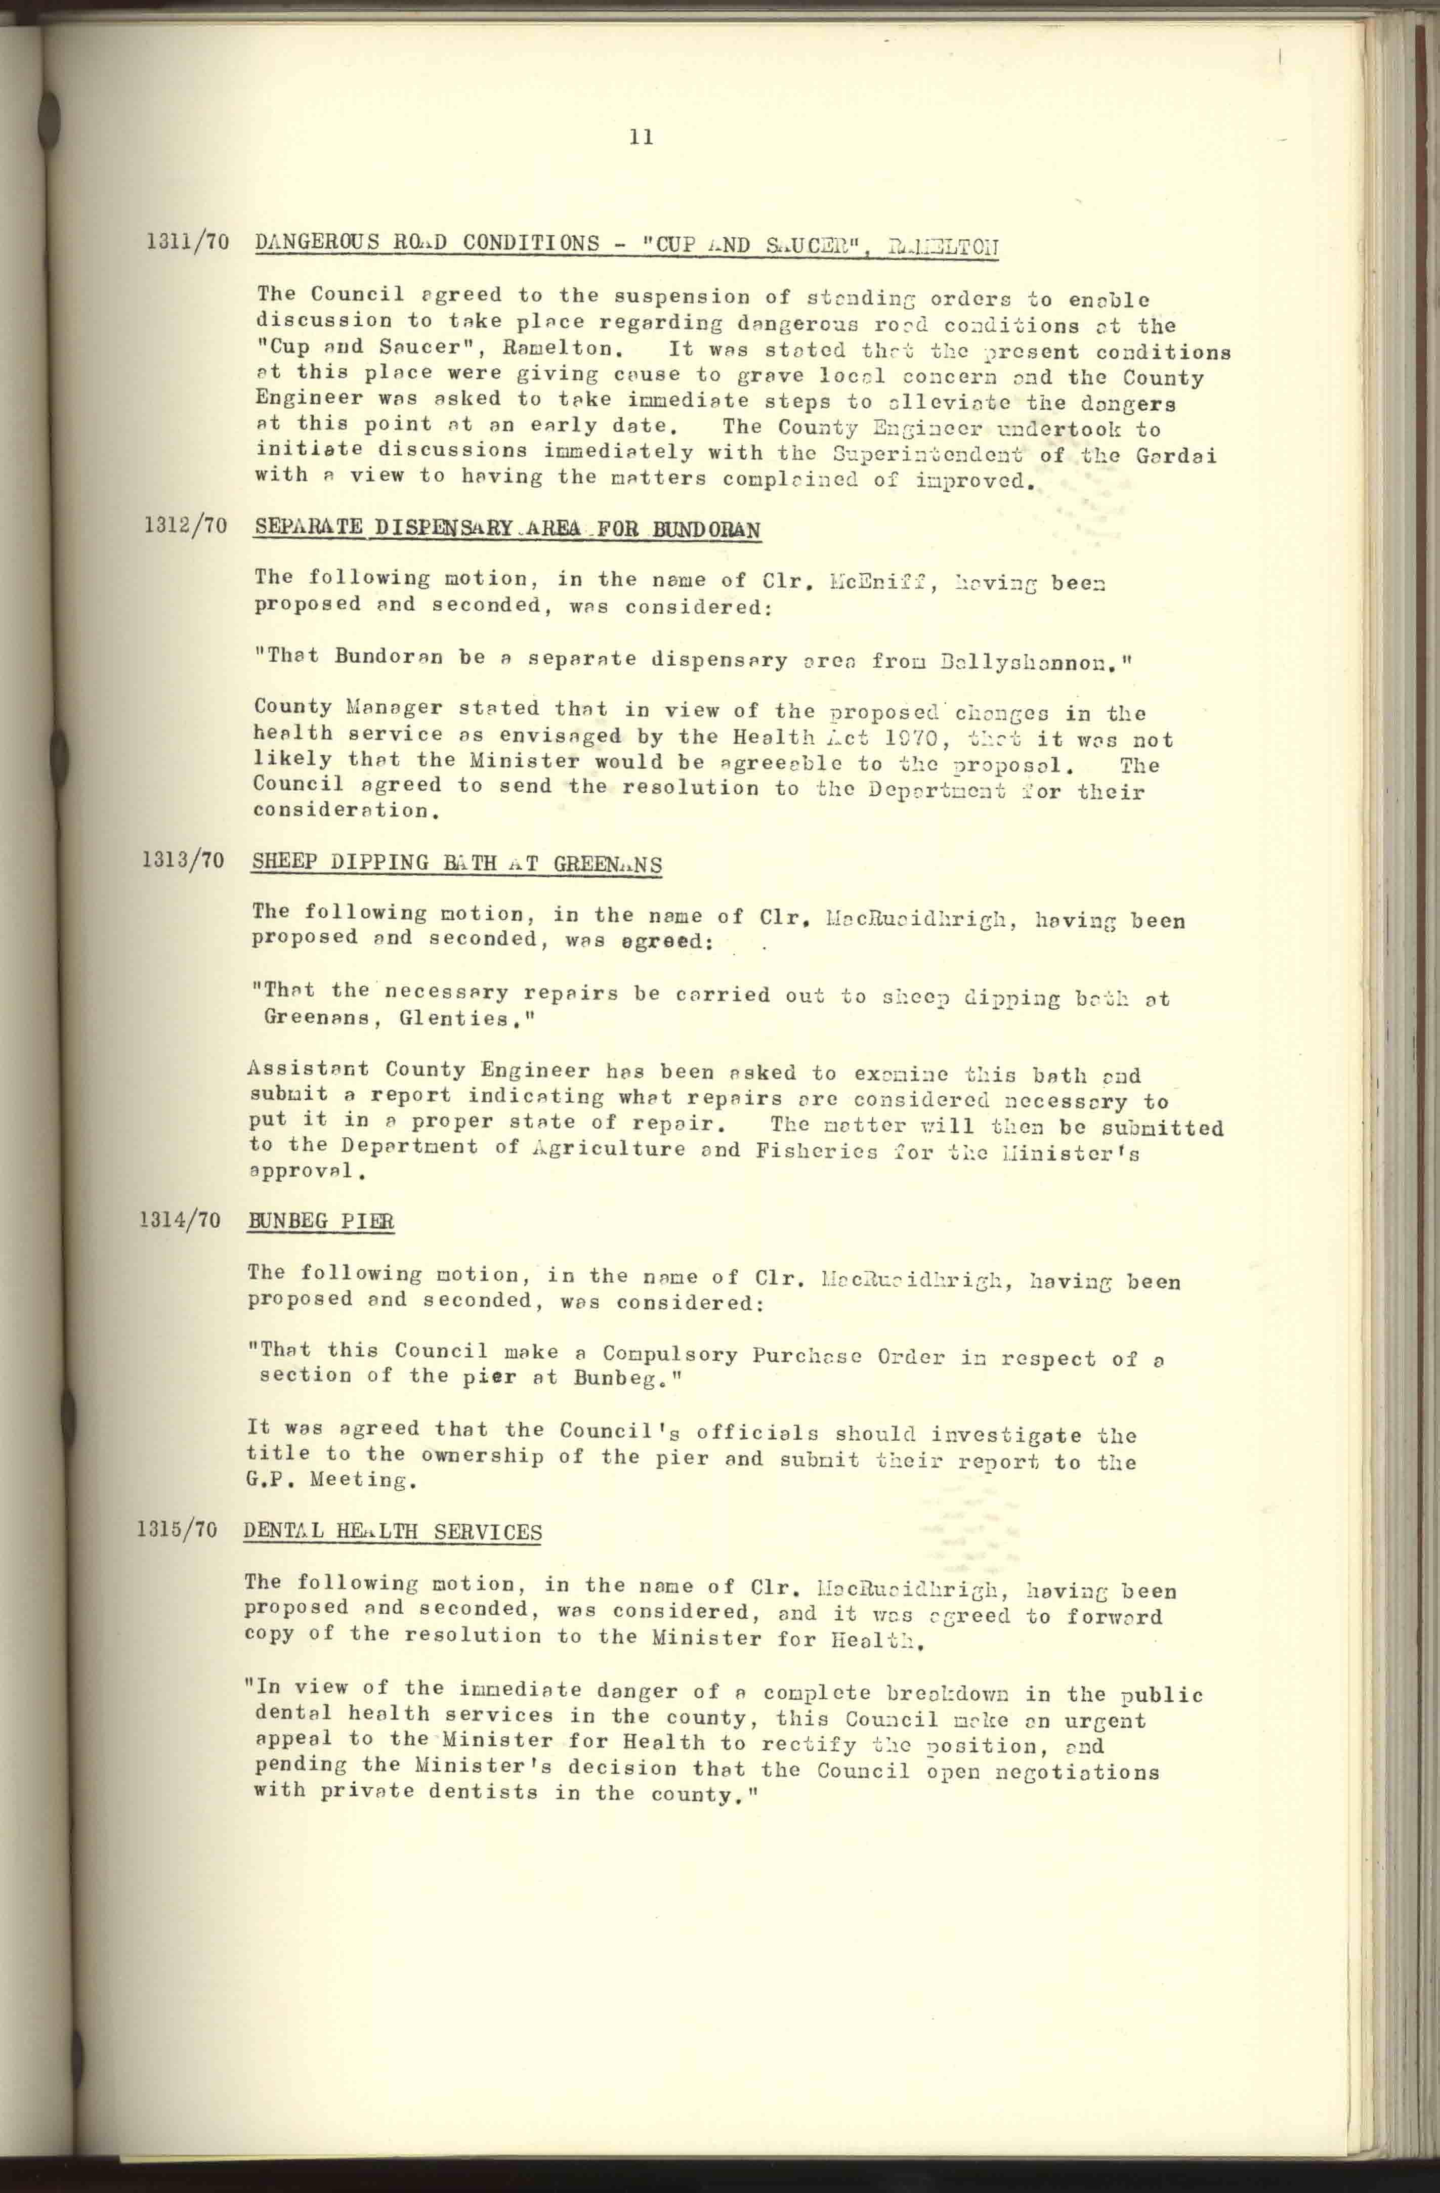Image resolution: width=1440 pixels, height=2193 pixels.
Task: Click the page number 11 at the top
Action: click(x=641, y=137)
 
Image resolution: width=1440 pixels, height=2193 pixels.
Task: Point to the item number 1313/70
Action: click(x=183, y=861)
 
